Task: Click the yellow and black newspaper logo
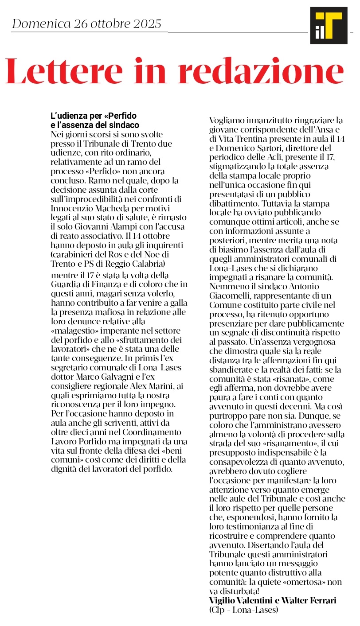[329, 26]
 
